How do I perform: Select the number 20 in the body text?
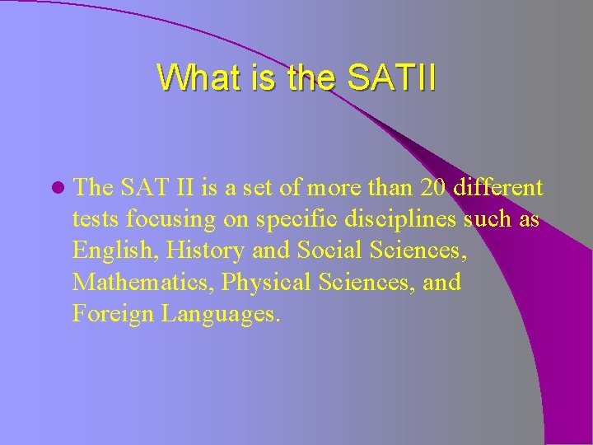click(435, 188)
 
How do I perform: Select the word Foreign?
click(113, 314)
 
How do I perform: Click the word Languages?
click(220, 314)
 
